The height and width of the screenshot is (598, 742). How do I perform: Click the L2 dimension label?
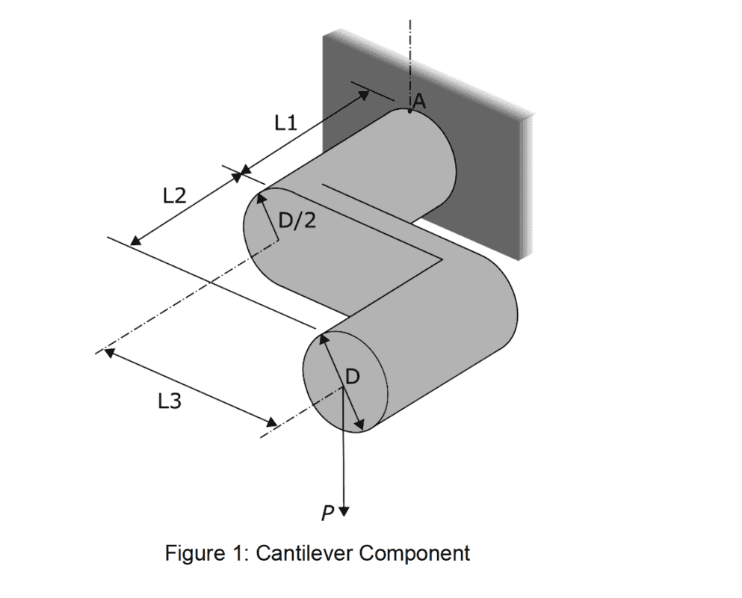[174, 196]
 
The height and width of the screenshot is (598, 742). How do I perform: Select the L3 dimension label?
[170, 401]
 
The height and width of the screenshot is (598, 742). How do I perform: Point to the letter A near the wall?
[419, 102]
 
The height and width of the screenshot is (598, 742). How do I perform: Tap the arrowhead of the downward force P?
[344, 511]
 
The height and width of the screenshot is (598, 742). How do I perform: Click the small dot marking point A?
[409, 111]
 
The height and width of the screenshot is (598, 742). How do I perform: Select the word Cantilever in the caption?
[303, 554]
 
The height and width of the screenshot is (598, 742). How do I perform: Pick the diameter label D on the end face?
[353, 377]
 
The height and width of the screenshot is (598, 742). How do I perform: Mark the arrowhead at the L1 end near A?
[365, 94]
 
